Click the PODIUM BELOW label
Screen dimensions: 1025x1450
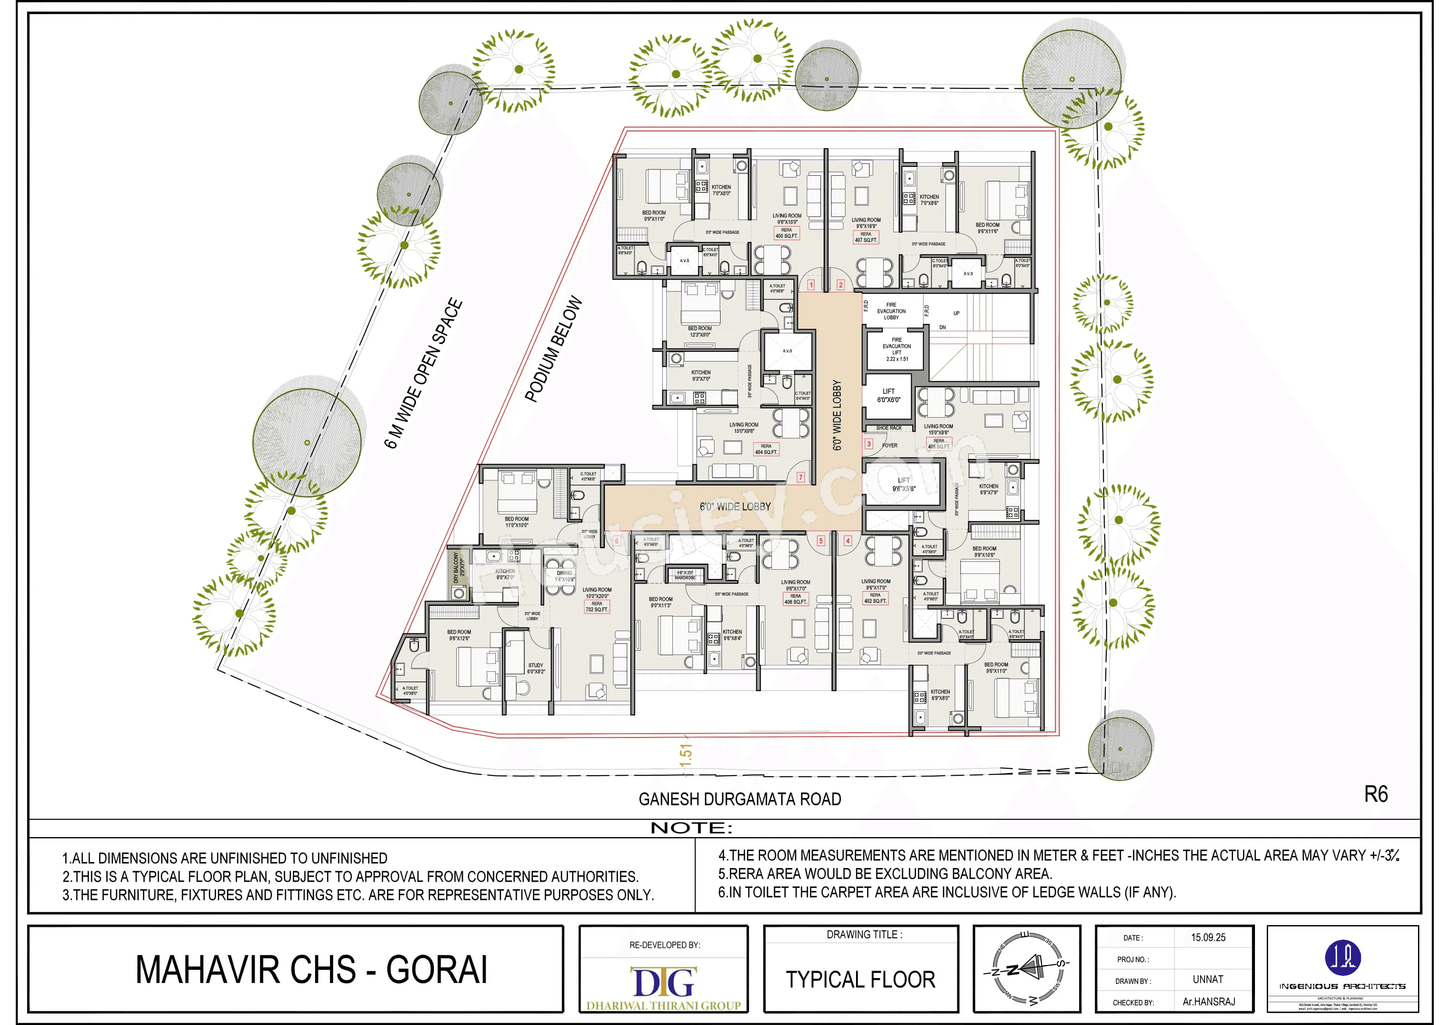[553, 349]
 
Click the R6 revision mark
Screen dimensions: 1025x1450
[1375, 794]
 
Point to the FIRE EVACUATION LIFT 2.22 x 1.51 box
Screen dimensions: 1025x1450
[896, 349]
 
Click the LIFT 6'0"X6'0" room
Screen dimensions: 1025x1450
[888, 395]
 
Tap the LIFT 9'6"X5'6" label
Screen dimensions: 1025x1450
[904, 484]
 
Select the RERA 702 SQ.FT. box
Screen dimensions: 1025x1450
[597, 606]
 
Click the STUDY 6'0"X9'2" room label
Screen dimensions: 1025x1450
[536, 668]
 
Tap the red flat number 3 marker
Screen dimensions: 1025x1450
[869, 444]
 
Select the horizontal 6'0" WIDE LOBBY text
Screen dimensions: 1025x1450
[735, 507]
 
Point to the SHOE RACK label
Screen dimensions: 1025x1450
[888, 428]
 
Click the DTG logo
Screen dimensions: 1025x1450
[664, 982]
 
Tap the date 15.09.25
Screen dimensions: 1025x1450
[1208, 937]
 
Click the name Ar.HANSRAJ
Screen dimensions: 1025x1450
[1208, 1002]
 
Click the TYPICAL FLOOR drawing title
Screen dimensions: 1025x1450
[860, 979]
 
